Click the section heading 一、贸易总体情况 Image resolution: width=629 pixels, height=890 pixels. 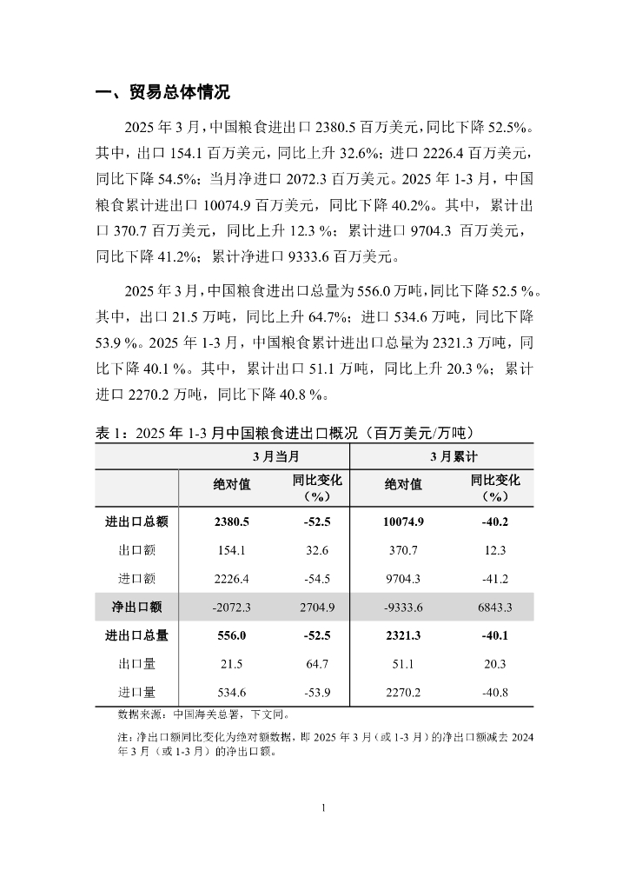[162, 93]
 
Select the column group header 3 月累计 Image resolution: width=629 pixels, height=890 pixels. [441, 455]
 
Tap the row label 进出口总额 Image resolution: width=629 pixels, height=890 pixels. [136, 522]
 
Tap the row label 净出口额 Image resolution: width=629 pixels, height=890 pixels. [136, 607]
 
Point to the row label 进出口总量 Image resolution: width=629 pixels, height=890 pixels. [136, 635]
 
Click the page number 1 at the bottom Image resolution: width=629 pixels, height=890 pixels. [323, 808]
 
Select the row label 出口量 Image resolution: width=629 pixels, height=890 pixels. [136, 664]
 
